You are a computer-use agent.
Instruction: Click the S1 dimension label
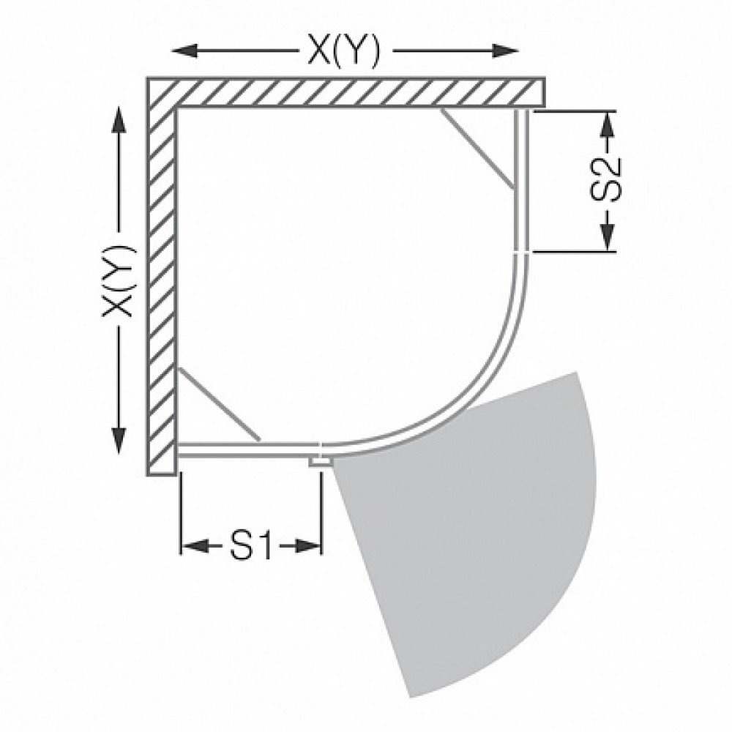click(x=251, y=545)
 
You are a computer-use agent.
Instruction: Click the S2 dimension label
click(x=607, y=179)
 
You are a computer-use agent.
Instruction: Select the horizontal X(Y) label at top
click(x=343, y=51)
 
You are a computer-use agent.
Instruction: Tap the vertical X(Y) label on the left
click(x=119, y=280)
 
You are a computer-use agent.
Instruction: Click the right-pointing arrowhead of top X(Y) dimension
click(x=506, y=51)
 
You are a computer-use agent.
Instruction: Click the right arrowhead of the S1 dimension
click(x=308, y=545)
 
